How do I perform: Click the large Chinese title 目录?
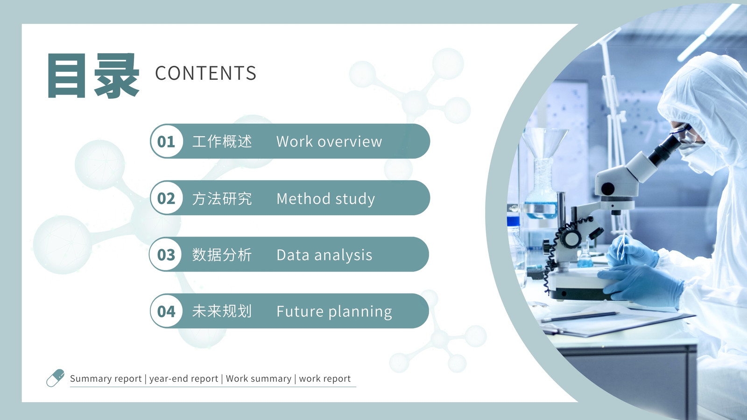click(93, 76)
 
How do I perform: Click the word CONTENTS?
click(206, 73)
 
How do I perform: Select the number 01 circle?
click(166, 141)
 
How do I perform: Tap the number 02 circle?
click(166, 198)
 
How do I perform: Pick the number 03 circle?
click(166, 255)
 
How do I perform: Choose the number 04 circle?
click(166, 311)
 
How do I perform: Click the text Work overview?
click(329, 142)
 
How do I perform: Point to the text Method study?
click(326, 199)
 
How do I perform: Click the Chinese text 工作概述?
click(222, 141)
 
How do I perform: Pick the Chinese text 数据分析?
click(222, 255)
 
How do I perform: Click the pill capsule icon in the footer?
click(56, 378)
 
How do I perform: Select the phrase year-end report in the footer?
click(183, 379)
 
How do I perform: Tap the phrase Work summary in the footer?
click(259, 378)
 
